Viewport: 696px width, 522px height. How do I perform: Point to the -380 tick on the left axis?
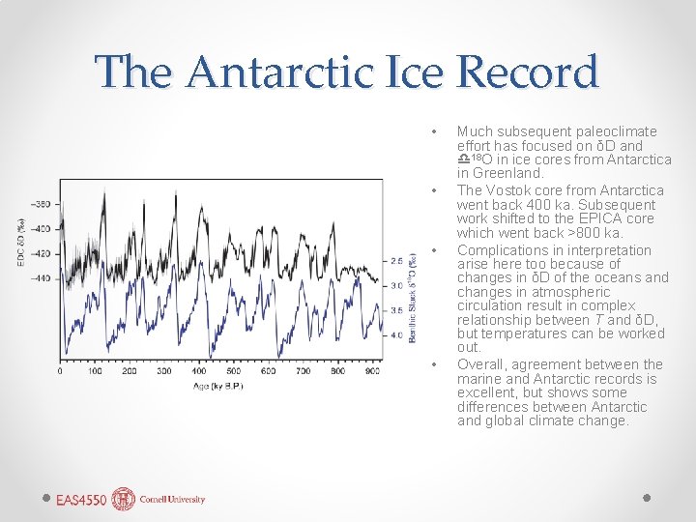click(x=42, y=204)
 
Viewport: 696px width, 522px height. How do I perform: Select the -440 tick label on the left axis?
click(x=42, y=278)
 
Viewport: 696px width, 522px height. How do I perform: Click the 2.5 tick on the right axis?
click(x=396, y=261)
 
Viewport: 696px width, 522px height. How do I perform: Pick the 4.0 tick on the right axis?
click(x=396, y=335)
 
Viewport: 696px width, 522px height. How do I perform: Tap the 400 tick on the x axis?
click(x=198, y=371)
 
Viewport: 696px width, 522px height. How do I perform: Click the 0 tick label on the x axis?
click(x=61, y=371)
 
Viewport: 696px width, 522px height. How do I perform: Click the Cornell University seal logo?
click(x=124, y=499)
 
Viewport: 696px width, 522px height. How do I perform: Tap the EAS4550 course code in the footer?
click(x=81, y=500)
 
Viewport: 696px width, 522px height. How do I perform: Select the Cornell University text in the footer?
click(x=171, y=500)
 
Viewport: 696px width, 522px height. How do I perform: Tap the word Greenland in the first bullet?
click(x=507, y=173)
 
